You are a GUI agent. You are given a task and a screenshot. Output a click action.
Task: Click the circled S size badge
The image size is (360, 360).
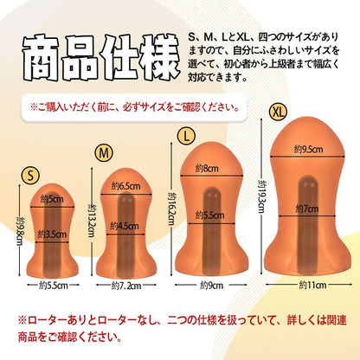tap(30, 176)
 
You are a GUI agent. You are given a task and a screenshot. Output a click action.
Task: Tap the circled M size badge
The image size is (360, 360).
tap(104, 153)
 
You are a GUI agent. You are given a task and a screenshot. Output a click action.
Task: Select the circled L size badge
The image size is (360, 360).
tap(186, 136)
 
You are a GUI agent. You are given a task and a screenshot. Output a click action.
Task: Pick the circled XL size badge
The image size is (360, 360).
tap(278, 112)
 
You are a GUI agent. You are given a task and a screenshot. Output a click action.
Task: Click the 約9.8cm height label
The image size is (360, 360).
tap(19, 231)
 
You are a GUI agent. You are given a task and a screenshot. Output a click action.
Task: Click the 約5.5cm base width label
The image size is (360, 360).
tap(54, 286)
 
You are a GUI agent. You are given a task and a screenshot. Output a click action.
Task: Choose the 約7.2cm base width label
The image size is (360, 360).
tap(126, 286)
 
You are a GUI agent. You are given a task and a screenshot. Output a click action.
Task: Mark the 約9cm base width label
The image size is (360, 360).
tap(211, 286)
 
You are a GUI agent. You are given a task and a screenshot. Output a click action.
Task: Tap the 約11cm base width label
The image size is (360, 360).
tap(312, 285)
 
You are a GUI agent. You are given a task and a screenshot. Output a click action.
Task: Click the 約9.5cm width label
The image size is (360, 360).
tap(308, 149)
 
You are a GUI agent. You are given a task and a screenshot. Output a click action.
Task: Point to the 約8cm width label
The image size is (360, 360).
tap(207, 168)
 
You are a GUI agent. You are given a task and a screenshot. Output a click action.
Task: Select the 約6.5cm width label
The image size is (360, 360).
tap(125, 186)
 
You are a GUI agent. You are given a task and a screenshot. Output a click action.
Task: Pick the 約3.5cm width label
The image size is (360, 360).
tap(52, 235)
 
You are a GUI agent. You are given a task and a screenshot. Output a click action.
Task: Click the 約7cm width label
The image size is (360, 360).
tap(307, 209)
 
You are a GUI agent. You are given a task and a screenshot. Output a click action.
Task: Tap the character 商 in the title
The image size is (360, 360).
tap(40, 58)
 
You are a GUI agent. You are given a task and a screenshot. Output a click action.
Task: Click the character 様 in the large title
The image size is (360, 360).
tap(157, 57)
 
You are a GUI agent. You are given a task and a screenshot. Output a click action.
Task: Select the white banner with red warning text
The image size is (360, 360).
tap(134, 107)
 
